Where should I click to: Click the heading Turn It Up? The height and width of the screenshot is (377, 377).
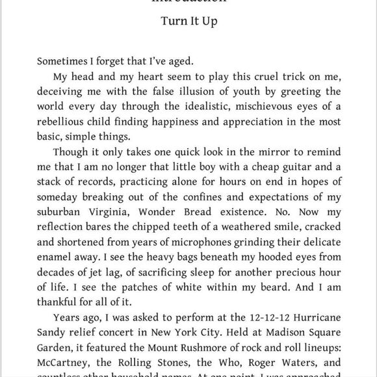coord(188,21)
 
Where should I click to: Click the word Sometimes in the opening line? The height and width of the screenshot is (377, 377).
coord(63,62)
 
